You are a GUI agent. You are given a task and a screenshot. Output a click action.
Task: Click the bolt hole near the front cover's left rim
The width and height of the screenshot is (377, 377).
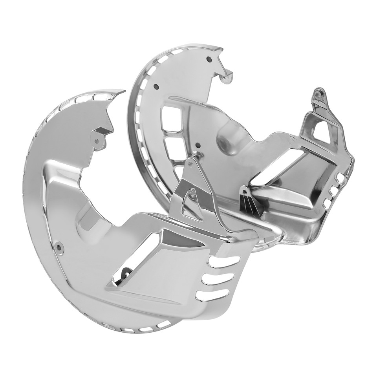pyautogui.click(x=59, y=247)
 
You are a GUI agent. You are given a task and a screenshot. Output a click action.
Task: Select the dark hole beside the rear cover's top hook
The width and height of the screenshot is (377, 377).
pyautogui.click(x=209, y=59)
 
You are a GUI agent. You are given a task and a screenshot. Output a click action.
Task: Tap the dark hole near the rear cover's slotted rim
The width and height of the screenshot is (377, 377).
pyautogui.click(x=156, y=86)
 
